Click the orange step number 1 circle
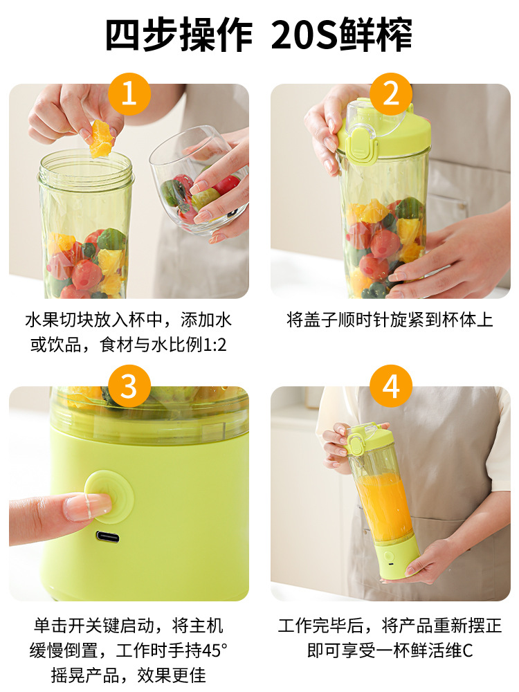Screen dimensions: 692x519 (129, 94)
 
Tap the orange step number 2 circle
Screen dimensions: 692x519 (391, 94)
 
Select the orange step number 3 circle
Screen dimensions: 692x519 (129, 386)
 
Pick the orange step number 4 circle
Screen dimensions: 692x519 (391, 386)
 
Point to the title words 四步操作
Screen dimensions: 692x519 (179, 35)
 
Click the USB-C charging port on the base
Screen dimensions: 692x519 (107, 536)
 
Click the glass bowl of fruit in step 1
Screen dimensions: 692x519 (197, 184)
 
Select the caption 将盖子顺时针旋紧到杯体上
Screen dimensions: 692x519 (390, 320)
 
